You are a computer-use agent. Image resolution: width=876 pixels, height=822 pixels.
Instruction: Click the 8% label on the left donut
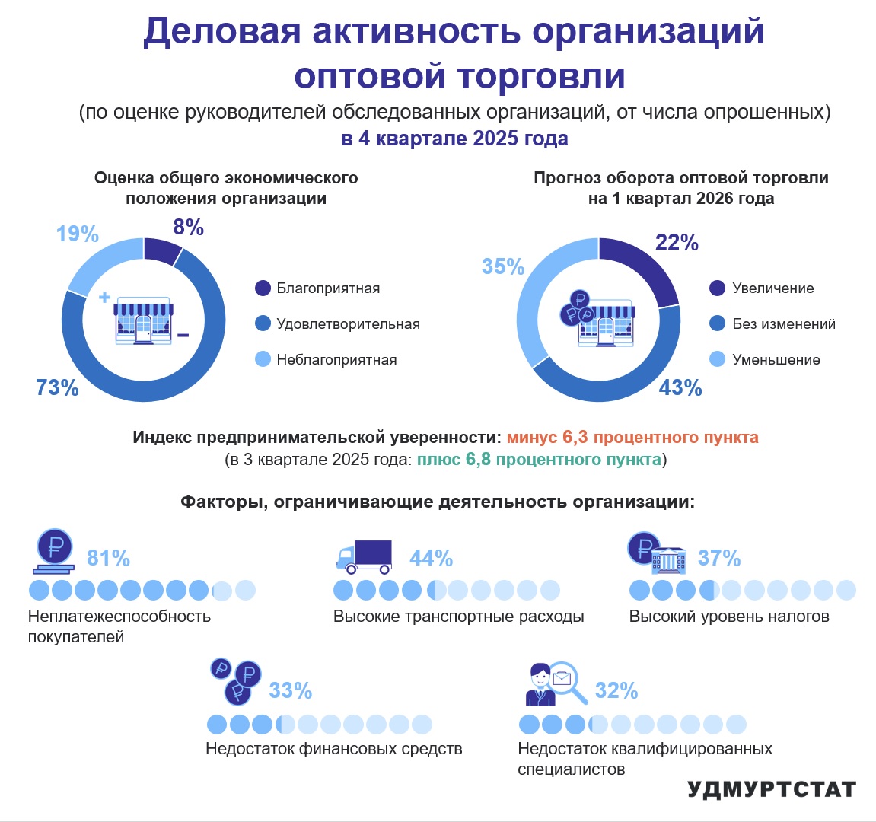(188, 227)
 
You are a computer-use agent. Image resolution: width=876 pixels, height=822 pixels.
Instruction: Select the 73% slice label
(57, 387)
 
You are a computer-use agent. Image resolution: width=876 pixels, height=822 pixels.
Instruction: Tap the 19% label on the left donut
(78, 234)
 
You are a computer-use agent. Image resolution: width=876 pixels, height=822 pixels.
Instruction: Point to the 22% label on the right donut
(677, 243)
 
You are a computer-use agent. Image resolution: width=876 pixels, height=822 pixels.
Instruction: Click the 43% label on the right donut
(680, 387)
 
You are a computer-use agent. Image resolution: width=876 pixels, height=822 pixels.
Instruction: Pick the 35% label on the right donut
(503, 266)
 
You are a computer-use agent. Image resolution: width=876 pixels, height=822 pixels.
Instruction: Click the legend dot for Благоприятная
(263, 288)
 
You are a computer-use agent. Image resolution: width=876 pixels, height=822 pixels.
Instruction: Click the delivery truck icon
(365, 557)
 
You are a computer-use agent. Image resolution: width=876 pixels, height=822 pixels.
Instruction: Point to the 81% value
(108, 558)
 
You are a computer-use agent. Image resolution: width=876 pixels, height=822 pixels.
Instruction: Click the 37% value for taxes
(719, 558)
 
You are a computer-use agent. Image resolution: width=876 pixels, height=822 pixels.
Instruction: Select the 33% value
(291, 690)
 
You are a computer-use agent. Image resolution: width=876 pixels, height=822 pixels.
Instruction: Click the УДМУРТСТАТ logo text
(772, 789)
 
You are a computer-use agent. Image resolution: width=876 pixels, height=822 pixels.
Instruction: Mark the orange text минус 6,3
(547, 437)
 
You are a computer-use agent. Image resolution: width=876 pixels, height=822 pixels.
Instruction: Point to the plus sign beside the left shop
(104, 297)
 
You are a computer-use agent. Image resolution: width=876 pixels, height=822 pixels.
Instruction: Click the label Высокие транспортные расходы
(459, 616)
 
